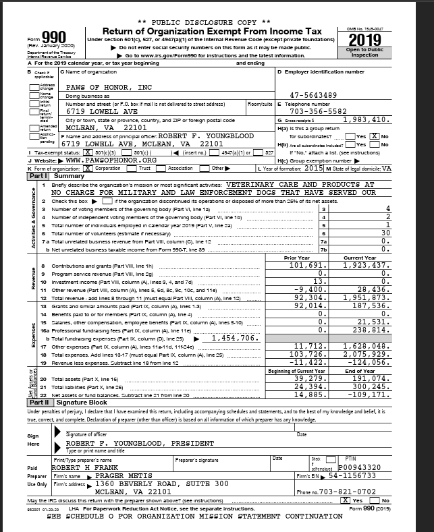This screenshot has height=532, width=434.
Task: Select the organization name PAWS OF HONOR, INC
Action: pyautogui.click(x=109, y=88)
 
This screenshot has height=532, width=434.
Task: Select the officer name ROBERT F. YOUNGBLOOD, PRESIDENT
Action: pyautogui.click(x=136, y=444)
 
